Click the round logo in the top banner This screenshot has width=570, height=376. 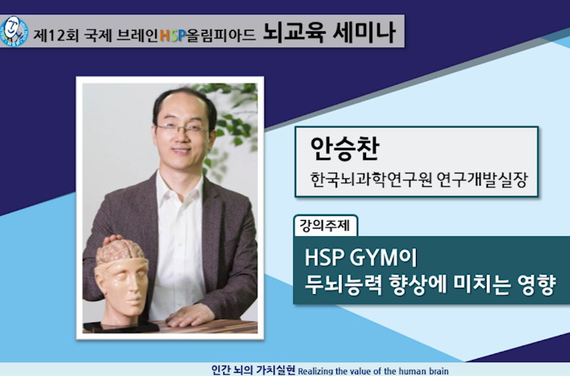14,31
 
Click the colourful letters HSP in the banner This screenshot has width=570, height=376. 173,35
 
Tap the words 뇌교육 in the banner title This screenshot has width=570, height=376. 293,34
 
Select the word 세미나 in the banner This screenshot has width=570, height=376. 364,34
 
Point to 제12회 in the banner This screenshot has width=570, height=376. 55,35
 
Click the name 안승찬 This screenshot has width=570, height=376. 344,149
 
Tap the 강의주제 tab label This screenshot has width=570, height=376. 324,226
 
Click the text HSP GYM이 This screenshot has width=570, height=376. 360,257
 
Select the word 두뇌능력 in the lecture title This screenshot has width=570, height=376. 343,284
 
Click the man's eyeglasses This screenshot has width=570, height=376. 181,128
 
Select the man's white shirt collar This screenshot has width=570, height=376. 180,186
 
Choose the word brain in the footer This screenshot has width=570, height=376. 439,371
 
